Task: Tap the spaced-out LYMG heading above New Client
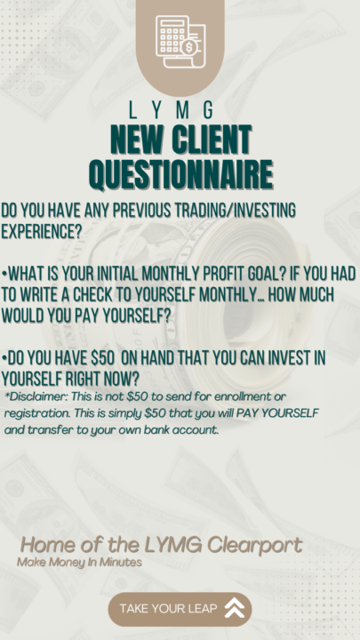click(180, 111)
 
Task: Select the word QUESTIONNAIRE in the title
click(180, 172)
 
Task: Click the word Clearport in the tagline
click(255, 544)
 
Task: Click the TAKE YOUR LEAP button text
click(166, 608)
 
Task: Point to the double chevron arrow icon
click(235, 608)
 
